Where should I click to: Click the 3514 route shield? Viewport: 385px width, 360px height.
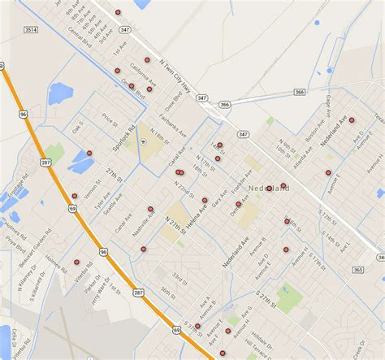pyautogui.click(x=30, y=29)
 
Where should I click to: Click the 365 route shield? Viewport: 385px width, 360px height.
pyautogui.click(x=357, y=269)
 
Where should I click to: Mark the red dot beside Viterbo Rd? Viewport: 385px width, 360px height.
pyautogui.click(x=76, y=262)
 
